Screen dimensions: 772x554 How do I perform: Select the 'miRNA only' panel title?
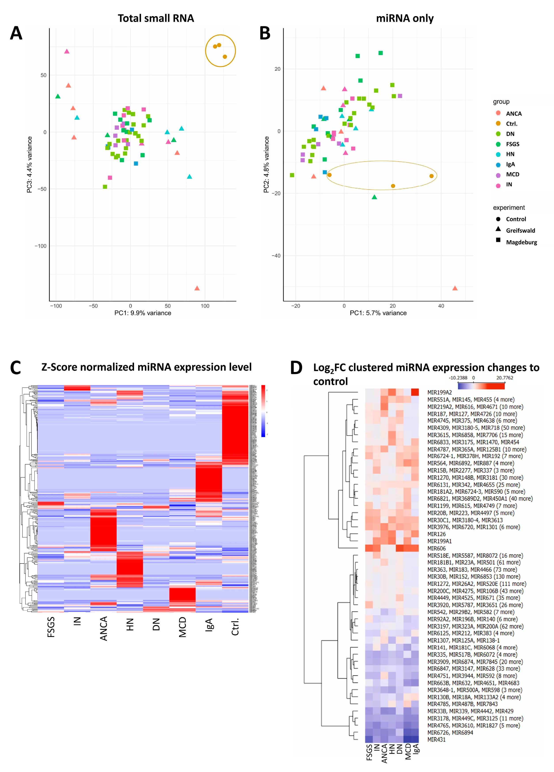pyautogui.click(x=405, y=18)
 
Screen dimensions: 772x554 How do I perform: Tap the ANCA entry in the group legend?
pyautogui.click(x=513, y=114)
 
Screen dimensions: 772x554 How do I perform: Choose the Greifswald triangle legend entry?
pyautogui.click(x=520, y=230)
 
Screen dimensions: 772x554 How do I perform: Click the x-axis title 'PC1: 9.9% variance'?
pyautogui.click(x=143, y=313)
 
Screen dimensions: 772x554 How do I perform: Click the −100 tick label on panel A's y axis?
pyautogui.click(x=41, y=246)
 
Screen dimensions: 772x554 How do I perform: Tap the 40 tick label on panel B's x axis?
pyautogui.click(x=441, y=306)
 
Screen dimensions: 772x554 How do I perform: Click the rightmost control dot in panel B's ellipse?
pyautogui.click(x=432, y=176)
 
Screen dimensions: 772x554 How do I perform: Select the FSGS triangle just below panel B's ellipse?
pyautogui.click(x=375, y=197)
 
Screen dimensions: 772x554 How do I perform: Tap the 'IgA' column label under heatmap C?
pyautogui.click(x=209, y=625)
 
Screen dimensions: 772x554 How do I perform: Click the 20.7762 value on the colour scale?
pyautogui.click(x=504, y=378)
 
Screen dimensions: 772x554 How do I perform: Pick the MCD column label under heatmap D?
pyautogui.click(x=408, y=751)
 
